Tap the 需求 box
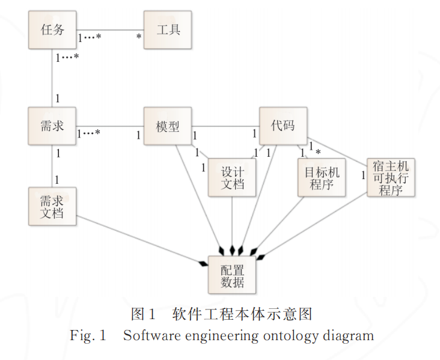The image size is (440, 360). [52, 126]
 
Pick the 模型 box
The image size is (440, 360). [168, 126]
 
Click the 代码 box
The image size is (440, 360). [283, 126]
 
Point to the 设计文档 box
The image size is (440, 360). [232, 178]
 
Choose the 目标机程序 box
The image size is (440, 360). [322, 178]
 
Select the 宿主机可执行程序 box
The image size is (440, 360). [391, 177]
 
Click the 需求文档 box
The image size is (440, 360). [52, 206]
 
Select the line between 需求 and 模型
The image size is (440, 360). [120, 126]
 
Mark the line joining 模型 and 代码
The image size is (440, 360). [225, 126]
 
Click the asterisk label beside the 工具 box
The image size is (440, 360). [139, 37]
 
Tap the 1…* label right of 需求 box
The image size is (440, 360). [88, 133]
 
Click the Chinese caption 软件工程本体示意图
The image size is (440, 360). [242, 314]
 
